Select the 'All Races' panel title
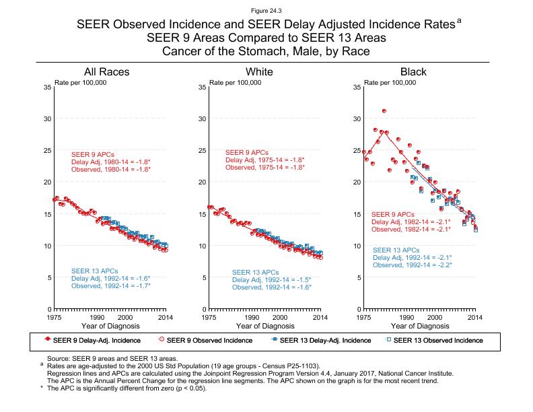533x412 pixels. pyautogui.click(x=107, y=72)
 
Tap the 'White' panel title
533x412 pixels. pyautogui.click(x=259, y=72)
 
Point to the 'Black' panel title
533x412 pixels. pyautogui.click(x=413, y=72)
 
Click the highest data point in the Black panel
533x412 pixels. pyautogui.click(x=384, y=110)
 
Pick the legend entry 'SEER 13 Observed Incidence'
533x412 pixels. pyautogui.click(x=437, y=341)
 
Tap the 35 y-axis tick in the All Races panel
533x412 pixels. pyautogui.click(x=46, y=88)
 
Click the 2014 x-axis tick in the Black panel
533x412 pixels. pyautogui.click(x=475, y=316)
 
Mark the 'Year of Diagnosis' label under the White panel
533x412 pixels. pyautogui.click(x=266, y=326)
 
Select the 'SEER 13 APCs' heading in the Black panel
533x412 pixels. pyautogui.click(x=396, y=250)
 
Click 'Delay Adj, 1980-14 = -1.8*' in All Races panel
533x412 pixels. pyautogui.click(x=111, y=162)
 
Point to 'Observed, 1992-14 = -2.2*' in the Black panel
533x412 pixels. pyautogui.click(x=412, y=265)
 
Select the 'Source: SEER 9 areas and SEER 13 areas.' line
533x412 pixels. pyautogui.click(x=111, y=358)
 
